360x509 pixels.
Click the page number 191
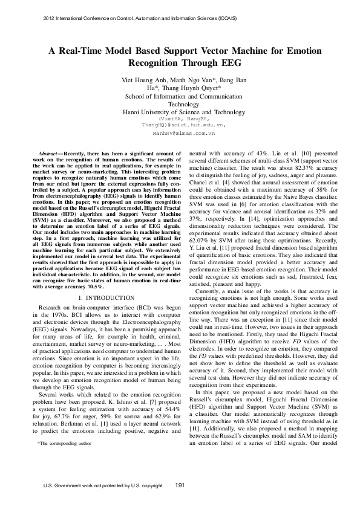click(180, 485)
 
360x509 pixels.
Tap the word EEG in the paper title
click(229, 63)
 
